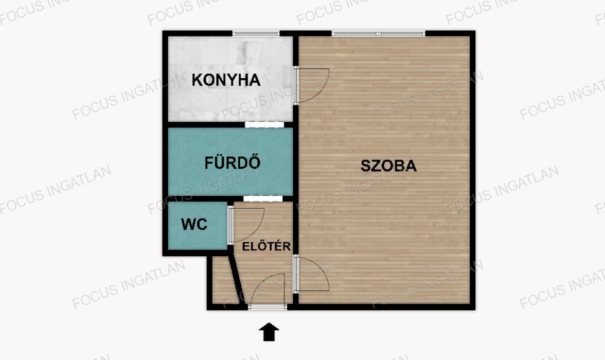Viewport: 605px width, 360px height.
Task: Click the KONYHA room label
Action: point(226,80)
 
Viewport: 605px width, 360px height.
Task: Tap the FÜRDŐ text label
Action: point(233,163)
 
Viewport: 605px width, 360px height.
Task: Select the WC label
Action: point(194,224)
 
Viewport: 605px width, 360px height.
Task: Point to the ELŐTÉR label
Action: point(266,246)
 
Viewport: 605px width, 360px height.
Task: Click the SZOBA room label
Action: point(388,166)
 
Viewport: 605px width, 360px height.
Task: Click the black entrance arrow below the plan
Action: point(269,332)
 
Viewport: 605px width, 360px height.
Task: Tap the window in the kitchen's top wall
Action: point(256,33)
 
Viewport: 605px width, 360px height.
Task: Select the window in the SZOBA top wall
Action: point(379,33)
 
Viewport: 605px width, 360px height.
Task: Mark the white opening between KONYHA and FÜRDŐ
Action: point(264,124)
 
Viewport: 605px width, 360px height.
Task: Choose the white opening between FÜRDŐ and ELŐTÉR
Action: point(263,199)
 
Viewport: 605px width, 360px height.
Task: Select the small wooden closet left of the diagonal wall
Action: point(222,280)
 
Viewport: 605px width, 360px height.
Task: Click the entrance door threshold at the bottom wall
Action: point(268,307)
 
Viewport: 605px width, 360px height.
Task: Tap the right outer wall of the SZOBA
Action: point(473,170)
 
